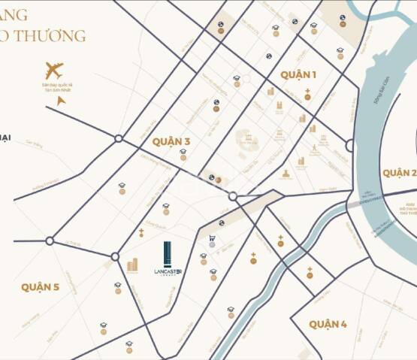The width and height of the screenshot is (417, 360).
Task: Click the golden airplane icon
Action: point(54,71)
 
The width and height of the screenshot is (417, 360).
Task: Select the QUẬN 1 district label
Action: point(298,74)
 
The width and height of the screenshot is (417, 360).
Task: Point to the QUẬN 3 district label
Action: point(171,141)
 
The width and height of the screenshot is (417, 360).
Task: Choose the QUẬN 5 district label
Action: point(40,287)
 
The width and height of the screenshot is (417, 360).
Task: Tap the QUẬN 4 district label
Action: point(328,325)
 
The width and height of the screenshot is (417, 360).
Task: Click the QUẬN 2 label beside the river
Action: point(399,173)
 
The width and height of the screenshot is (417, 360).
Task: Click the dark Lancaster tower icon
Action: point(168,253)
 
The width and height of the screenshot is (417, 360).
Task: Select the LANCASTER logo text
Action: point(168,272)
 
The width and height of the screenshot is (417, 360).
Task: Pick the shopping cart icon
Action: point(212,240)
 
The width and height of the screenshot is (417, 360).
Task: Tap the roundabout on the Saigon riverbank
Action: point(349,146)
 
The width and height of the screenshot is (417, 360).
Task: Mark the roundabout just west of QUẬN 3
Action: point(119,138)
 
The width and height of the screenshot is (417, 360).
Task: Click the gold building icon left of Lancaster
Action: point(132,265)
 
